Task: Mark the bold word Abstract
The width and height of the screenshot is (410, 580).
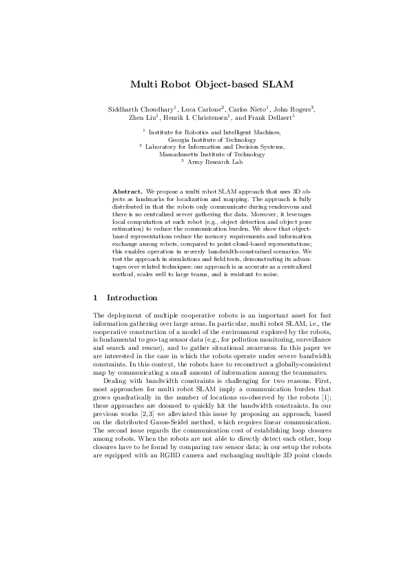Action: pos(127,189)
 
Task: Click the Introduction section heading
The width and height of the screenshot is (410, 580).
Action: pos(132,298)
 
